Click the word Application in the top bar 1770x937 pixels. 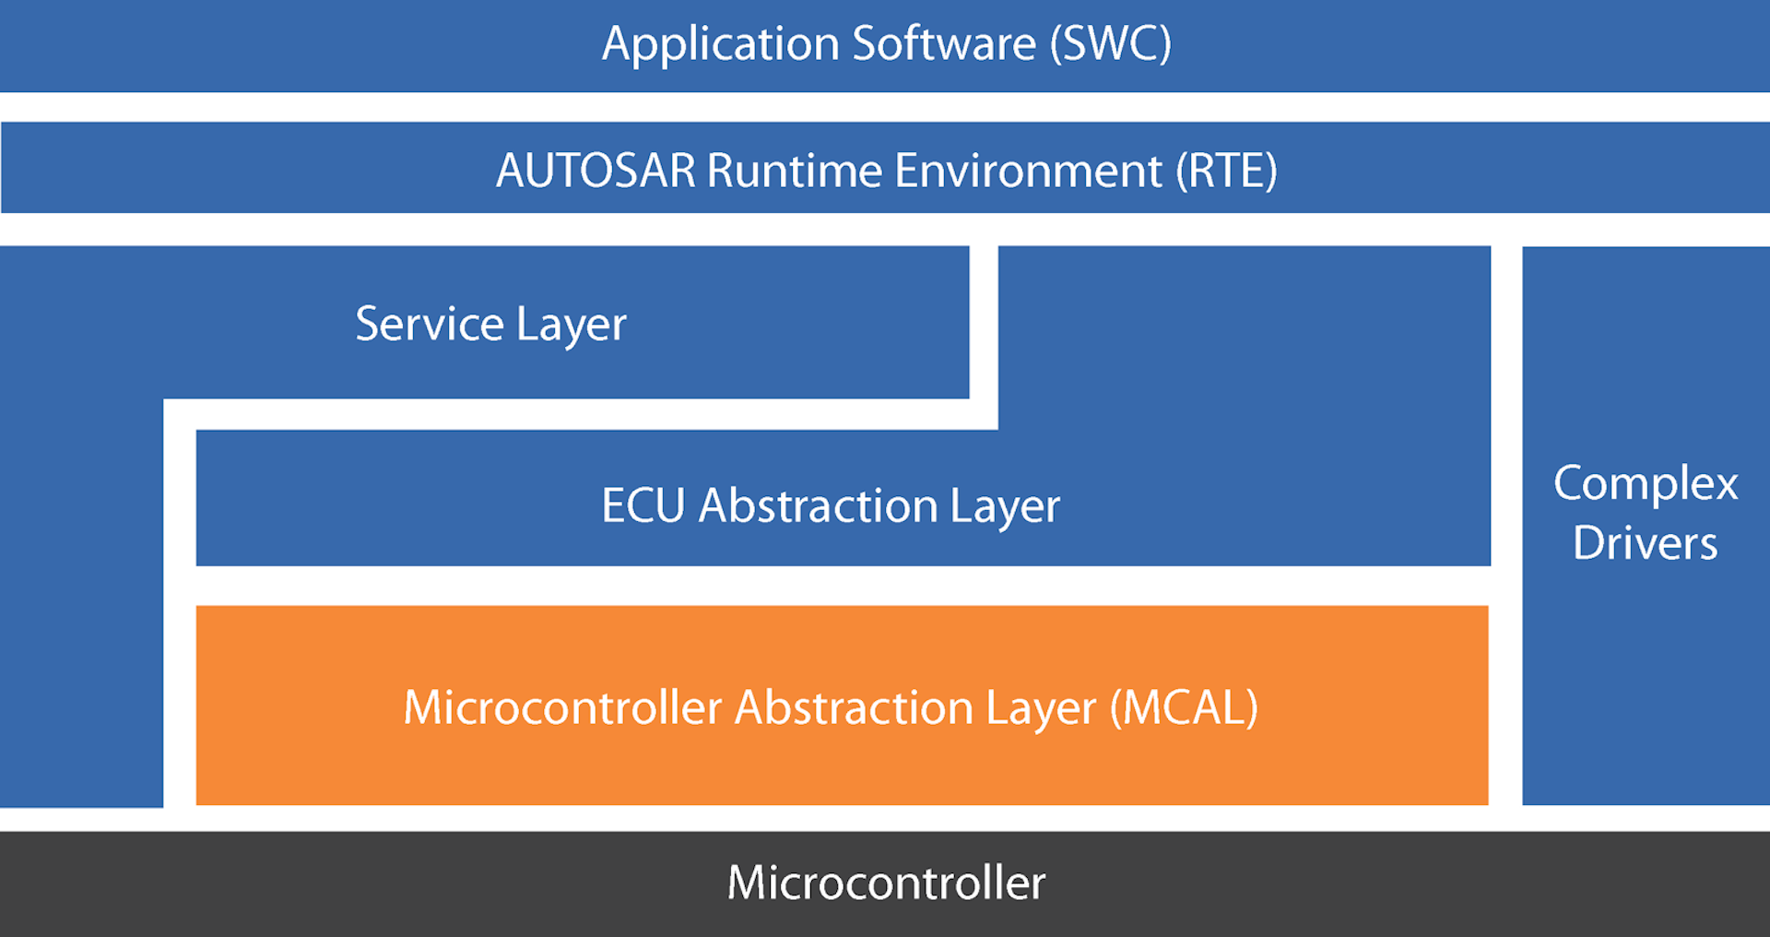pyautogui.click(x=720, y=44)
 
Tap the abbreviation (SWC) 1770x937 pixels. pyautogui.click(x=1111, y=44)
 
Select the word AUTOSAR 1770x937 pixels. pyautogui.click(x=596, y=171)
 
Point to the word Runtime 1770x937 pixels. pyautogui.click(x=795, y=171)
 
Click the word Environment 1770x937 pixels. pyautogui.click(x=1029, y=171)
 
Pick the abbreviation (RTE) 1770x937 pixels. pyautogui.click(x=1227, y=171)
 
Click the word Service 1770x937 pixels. pyautogui.click(x=430, y=324)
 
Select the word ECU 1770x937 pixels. pyautogui.click(x=643, y=505)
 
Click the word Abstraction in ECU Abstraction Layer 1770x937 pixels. pyautogui.click(x=819, y=505)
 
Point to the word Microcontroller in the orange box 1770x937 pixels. pyautogui.click(x=562, y=707)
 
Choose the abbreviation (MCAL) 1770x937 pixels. pyautogui.click(x=1184, y=707)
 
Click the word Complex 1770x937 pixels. pyautogui.click(x=1646, y=484)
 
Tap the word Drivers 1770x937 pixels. pyautogui.click(x=1646, y=542)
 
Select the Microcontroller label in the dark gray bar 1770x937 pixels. pyautogui.click(x=886, y=883)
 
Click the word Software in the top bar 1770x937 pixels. pyautogui.click(x=944, y=44)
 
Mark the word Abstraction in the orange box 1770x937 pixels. pyautogui.click(x=854, y=707)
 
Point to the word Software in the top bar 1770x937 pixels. pyautogui.click(x=944, y=44)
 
